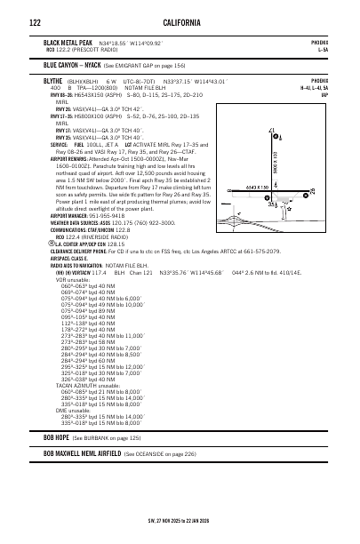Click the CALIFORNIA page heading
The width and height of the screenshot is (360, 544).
(179, 22)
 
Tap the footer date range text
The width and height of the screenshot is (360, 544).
(179, 521)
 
